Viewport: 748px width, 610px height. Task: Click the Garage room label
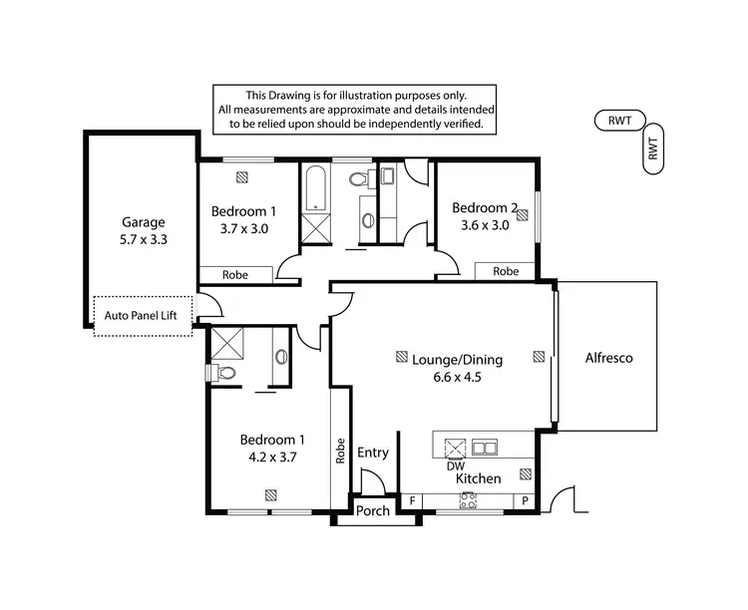pyautogui.click(x=143, y=222)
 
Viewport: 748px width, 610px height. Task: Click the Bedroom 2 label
pyautogui.click(x=485, y=208)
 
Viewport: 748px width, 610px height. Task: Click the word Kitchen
pyautogui.click(x=478, y=479)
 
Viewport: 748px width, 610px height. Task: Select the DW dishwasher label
pyautogui.click(x=455, y=465)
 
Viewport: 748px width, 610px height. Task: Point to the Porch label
pyautogui.click(x=373, y=511)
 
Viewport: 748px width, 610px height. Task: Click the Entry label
pyautogui.click(x=373, y=453)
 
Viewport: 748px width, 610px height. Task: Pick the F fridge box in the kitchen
pyautogui.click(x=411, y=500)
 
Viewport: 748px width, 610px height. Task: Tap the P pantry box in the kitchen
pyautogui.click(x=525, y=500)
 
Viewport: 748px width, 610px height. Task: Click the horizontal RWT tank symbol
pyautogui.click(x=620, y=121)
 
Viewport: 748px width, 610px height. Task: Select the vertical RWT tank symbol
pyautogui.click(x=654, y=150)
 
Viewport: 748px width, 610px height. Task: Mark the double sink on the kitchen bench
pyautogui.click(x=485, y=447)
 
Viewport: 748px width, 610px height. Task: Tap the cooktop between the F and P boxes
pyautogui.click(x=467, y=501)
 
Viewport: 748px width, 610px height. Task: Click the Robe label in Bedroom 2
pyautogui.click(x=506, y=271)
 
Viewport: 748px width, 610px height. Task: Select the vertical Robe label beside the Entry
pyautogui.click(x=340, y=452)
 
